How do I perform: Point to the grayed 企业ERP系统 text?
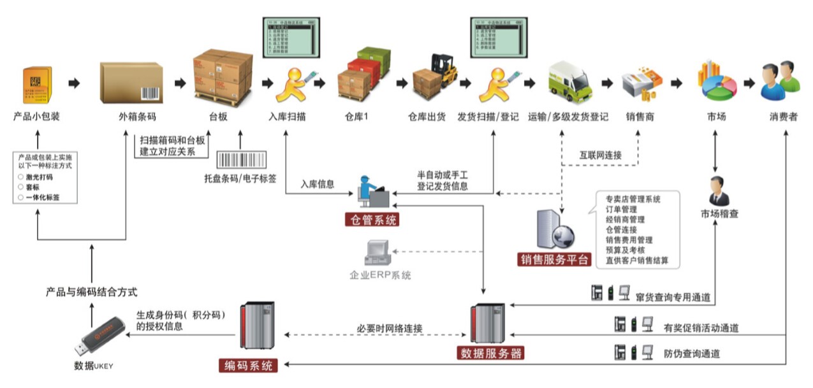pos(380,275)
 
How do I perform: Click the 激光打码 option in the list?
pos(40,176)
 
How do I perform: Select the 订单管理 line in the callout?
pos(621,209)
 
